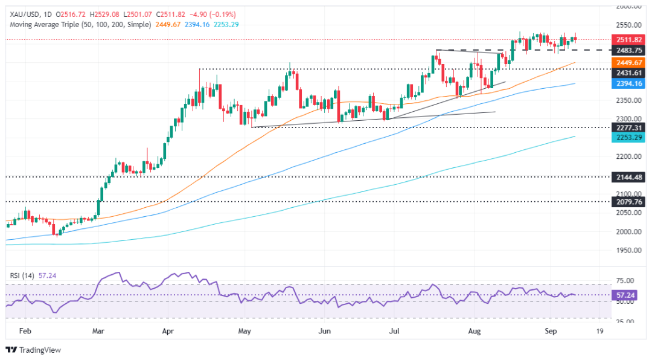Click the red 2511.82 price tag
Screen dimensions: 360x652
pos(625,39)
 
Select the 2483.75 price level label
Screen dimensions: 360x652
pos(625,50)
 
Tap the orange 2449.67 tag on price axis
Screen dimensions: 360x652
pos(625,62)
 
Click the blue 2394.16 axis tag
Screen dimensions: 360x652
pos(625,83)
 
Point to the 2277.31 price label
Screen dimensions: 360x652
pos(625,128)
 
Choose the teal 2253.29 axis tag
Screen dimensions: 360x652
pos(625,138)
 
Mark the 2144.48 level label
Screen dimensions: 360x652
pos(625,178)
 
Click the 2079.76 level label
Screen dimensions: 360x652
pos(625,202)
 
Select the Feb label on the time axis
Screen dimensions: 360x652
pos(24,332)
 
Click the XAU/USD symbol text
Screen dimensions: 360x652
pos(22,13)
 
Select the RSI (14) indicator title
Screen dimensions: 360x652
pos(21,275)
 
